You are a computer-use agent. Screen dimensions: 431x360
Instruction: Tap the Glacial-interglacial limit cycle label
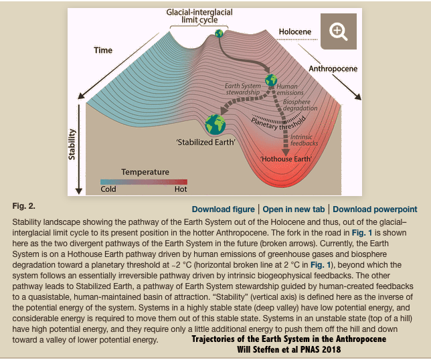pos(195,16)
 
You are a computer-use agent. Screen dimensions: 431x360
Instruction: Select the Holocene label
pos(296,31)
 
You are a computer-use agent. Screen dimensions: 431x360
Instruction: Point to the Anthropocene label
pos(333,69)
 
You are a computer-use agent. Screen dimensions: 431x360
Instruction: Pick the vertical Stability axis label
pos(72,143)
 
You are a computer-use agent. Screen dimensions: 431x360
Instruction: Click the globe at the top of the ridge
pos(219,33)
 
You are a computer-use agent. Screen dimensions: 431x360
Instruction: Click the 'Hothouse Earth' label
pos(285,159)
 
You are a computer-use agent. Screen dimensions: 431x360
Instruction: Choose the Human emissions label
pos(290,89)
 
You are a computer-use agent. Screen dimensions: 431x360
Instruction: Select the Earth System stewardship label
pos(242,89)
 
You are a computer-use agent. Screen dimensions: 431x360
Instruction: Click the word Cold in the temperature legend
pos(108,189)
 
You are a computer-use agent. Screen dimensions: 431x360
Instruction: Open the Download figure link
pos(223,209)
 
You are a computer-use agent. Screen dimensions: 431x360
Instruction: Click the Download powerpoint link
pos(375,209)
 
